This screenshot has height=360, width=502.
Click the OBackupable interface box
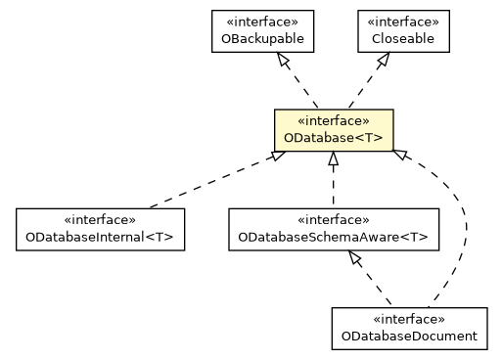(259, 31)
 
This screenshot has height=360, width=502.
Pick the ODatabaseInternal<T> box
(100, 229)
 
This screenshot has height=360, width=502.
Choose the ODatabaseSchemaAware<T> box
(333, 229)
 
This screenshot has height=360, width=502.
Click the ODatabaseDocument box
(409, 328)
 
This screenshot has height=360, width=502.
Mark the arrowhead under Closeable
(383, 62)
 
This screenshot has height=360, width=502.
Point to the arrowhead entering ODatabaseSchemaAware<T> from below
(355, 258)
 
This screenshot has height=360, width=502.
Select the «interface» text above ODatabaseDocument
(409, 319)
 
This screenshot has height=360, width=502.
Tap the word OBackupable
(259, 40)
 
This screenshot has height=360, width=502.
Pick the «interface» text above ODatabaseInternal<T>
(100, 220)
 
